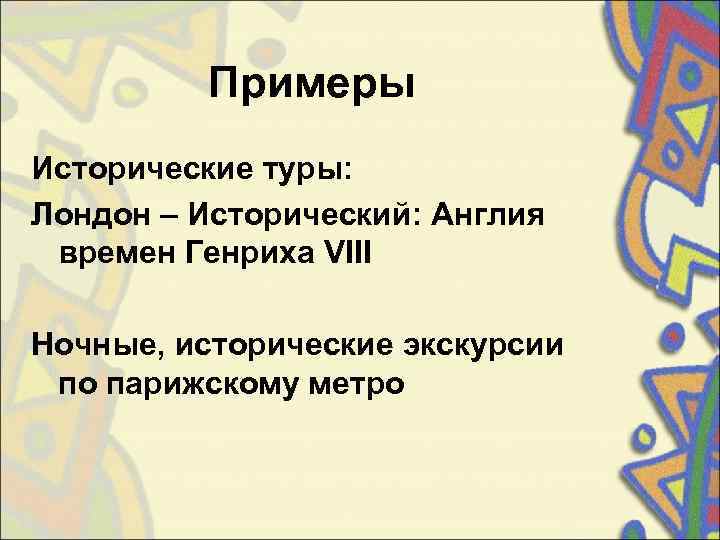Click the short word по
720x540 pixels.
pyautogui.click(x=76, y=383)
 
